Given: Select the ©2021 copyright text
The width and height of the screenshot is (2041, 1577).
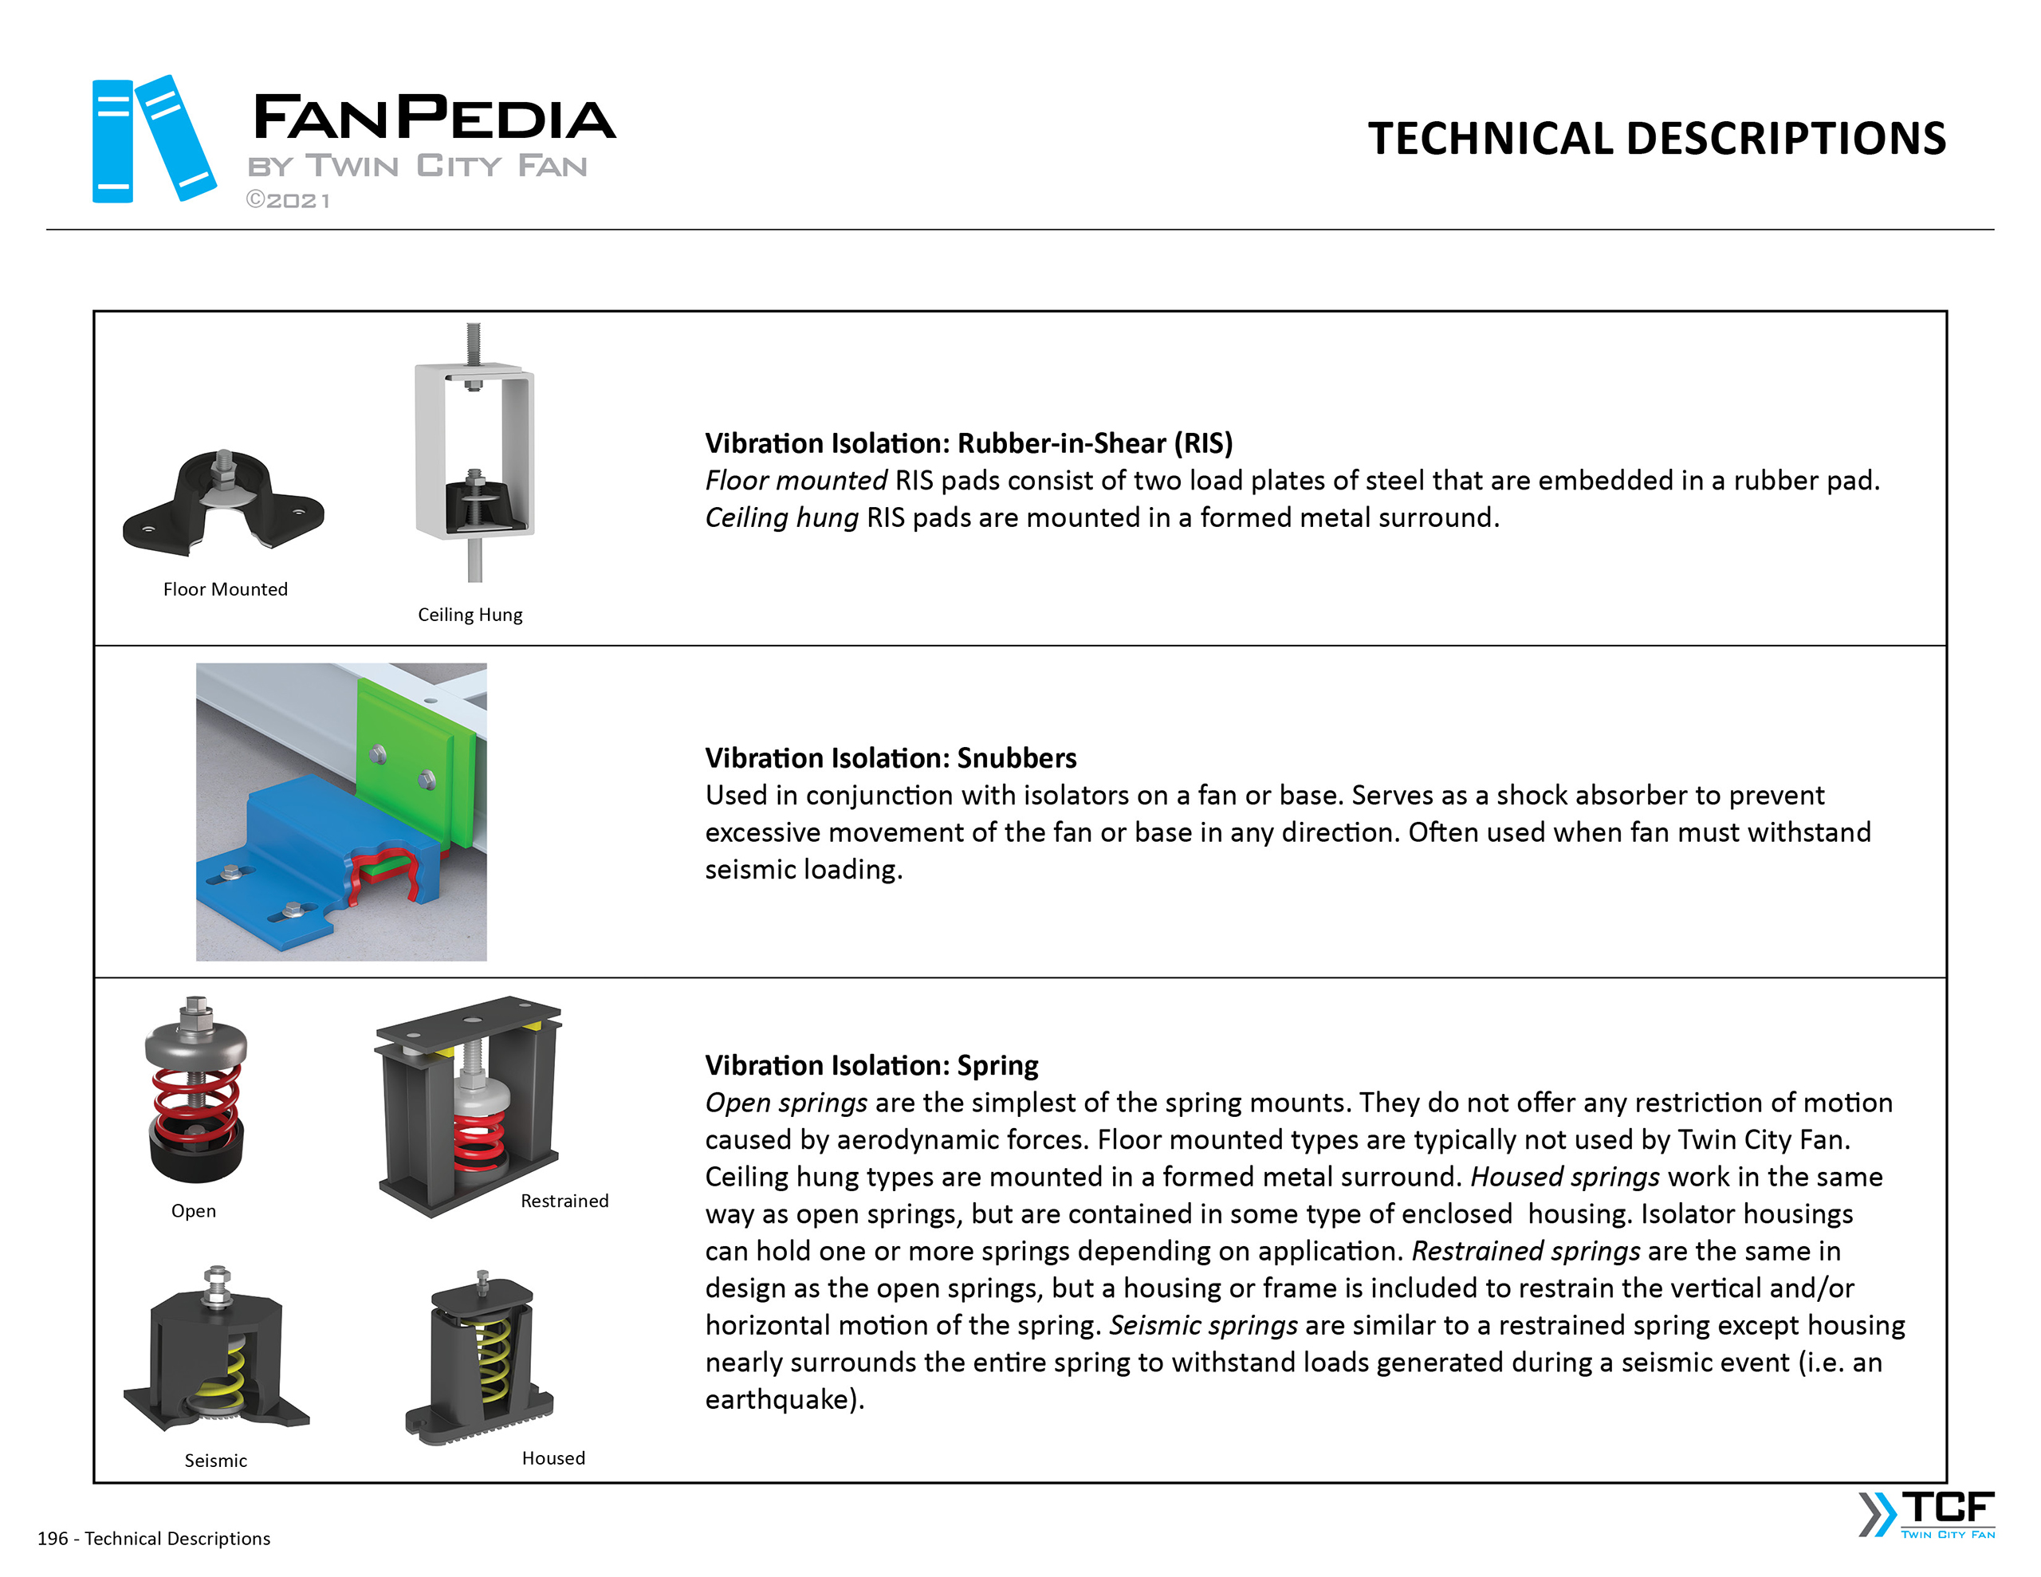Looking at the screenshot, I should tap(288, 201).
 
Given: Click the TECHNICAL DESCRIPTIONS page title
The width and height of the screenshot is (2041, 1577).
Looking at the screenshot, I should tap(1656, 139).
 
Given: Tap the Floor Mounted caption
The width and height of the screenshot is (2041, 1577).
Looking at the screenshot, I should tap(225, 590).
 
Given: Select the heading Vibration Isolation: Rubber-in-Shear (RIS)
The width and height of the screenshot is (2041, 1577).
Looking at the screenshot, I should tap(968, 443).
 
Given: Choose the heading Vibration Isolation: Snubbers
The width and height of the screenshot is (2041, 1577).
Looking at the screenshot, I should tap(890, 758).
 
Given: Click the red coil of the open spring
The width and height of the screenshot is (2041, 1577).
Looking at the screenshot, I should tap(196, 1103).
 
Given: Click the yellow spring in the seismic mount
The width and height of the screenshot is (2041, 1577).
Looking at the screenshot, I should tap(234, 1370).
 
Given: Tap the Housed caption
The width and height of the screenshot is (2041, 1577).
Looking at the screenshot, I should tap(553, 1458).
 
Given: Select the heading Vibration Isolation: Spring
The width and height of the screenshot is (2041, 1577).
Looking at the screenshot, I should tap(871, 1066).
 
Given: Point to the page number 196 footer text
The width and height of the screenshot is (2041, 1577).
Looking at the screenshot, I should tap(153, 1539).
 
